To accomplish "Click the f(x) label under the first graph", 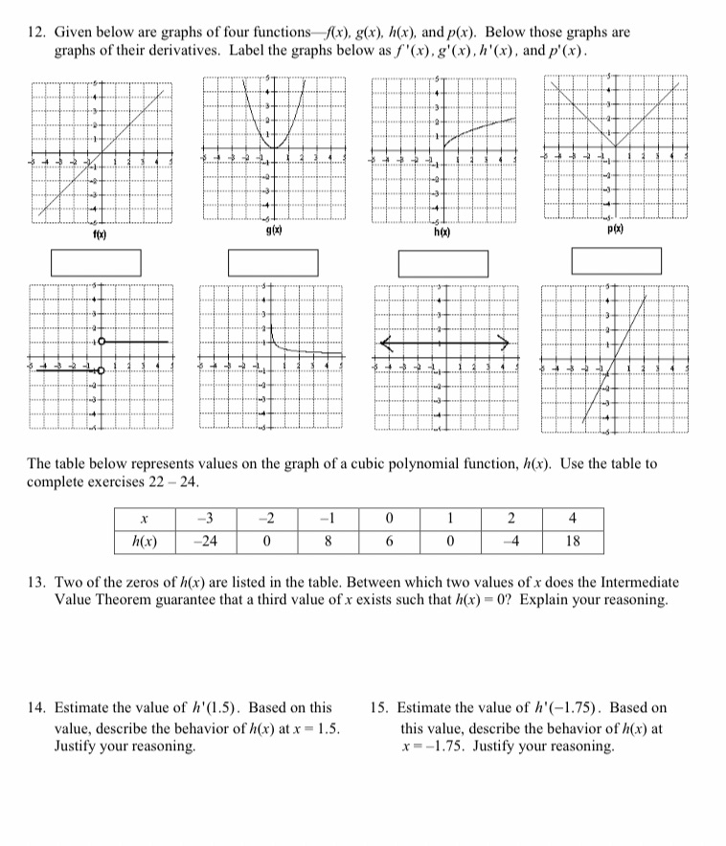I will tap(99, 234).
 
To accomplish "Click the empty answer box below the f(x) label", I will tap(96, 261).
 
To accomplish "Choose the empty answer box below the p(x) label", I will tap(616, 260).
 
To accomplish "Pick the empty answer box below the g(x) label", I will tap(273, 261).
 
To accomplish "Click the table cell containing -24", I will tap(203, 541).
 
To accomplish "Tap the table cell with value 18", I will tap(572, 541).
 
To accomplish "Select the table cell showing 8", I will tap(328, 541).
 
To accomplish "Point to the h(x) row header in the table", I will tap(144, 541).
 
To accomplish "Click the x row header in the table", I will tap(144, 519).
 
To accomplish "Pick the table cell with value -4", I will tap(511, 541).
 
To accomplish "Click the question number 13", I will tap(35, 582).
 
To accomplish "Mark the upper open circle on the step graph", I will tap(101, 342).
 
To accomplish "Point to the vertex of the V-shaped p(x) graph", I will tap(614, 147).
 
